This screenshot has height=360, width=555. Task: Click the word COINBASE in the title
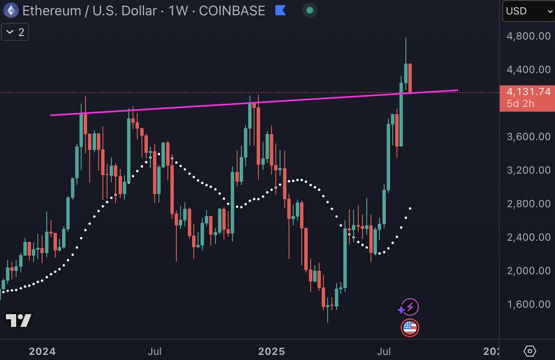click(232, 10)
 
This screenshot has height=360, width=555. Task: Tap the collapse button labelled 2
click(15, 32)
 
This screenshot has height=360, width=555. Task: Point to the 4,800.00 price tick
click(528, 36)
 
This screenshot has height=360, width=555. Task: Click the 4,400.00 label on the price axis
click(528, 69)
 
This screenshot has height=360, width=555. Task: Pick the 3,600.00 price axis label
click(528, 136)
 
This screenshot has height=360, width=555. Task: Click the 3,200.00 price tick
click(528, 170)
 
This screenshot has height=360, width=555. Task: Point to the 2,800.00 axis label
click(528, 204)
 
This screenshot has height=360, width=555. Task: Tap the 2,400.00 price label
click(528, 237)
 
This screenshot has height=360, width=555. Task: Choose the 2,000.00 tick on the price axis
click(528, 271)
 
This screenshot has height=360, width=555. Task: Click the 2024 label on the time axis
click(42, 351)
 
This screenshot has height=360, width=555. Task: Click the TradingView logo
click(18, 320)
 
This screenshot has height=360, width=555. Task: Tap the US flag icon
click(409, 328)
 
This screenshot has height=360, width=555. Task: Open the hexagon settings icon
click(530, 350)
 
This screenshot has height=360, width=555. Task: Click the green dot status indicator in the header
click(309, 10)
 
